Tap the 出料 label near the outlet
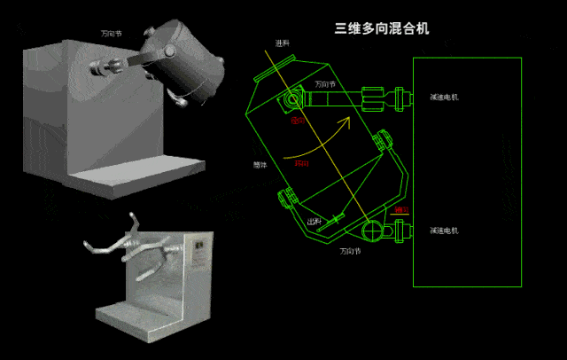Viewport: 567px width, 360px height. pyautogui.click(x=314, y=222)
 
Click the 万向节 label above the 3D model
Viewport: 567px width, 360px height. pyautogui.click(x=113, y=33)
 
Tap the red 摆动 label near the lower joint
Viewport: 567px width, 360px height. pyautogui.click(x=402, y=210)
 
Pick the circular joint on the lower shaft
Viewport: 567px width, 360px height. pyautogui.click(x=372, y=231)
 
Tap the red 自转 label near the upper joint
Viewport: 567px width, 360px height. pyautogui.click(x=288, y=121)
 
